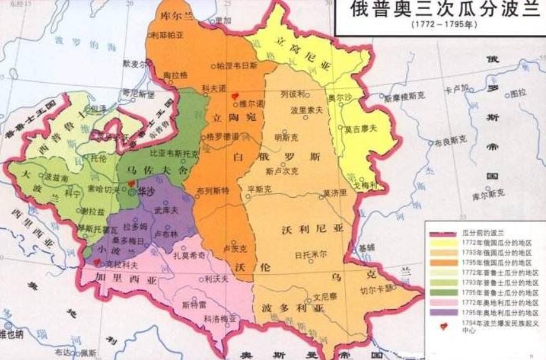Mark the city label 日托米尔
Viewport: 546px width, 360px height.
311,254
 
